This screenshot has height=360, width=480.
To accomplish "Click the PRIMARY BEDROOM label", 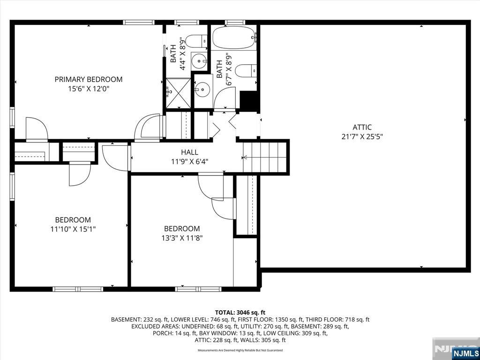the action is click(x=89, y=79).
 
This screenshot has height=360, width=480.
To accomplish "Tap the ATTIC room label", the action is click(x=362, y=127).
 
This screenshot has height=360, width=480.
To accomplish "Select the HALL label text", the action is click(x=189, y=152).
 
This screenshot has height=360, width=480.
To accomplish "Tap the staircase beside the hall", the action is click(x=264, y=157).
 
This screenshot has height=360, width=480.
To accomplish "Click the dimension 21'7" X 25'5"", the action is click(x=362, y=136).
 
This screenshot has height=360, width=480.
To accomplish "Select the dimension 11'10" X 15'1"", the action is click(x=73, y=229).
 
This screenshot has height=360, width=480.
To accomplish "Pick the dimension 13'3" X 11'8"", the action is click(x=182, y=238).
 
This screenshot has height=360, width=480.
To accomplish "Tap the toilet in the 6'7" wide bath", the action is click(x=246, y=71).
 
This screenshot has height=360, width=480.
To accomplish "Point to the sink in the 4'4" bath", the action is click(x=200, y=61).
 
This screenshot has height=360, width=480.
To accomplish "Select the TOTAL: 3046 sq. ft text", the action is click(x=240, y=313).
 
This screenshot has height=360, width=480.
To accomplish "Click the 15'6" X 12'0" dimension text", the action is click(x=89, y=89).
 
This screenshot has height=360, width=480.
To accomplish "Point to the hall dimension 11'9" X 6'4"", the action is click(x=189, y=161).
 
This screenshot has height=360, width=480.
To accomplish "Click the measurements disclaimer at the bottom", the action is click(x=240, y=350).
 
